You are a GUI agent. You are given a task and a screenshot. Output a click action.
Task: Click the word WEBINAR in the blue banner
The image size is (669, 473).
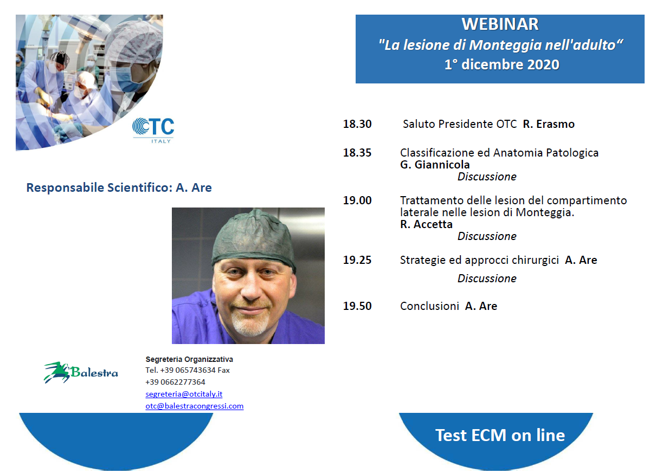500,24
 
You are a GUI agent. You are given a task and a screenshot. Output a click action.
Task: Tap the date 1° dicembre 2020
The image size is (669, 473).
502,64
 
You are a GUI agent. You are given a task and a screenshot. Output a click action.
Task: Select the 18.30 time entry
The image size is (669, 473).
357,124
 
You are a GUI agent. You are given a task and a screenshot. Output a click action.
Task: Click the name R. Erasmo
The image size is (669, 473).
549,124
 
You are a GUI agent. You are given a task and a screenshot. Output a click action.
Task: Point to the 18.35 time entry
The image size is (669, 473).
357,152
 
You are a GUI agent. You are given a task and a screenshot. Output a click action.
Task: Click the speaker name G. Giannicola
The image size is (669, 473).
435,165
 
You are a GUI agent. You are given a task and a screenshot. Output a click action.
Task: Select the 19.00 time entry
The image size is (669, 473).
357,200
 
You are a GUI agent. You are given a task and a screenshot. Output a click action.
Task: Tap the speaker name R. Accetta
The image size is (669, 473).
426,224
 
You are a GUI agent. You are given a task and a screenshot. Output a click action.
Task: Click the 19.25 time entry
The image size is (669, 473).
357,260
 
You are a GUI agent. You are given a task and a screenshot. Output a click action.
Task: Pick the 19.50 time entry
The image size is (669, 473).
357,306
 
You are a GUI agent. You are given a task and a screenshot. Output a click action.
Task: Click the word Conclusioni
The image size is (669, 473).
429,306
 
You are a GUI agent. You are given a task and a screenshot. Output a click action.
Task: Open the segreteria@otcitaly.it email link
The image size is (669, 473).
184,394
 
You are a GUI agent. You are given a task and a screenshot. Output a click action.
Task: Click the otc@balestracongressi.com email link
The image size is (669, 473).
195,406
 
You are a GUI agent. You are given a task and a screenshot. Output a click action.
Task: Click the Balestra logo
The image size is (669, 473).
81,372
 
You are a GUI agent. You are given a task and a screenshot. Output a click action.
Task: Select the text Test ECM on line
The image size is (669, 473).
500,435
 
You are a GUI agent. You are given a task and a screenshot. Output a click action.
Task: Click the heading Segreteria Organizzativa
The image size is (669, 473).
189,359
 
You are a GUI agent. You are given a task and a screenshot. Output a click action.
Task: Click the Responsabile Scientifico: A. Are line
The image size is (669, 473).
119,187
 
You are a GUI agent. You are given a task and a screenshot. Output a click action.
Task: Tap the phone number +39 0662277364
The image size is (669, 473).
175,382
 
